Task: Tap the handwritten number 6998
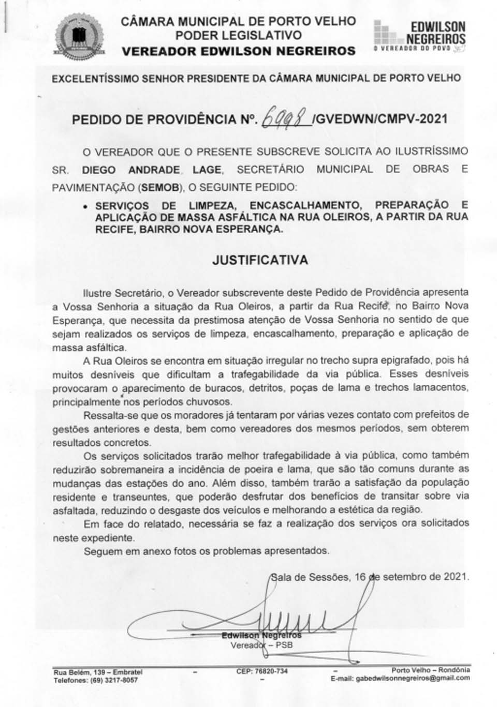[286, 119]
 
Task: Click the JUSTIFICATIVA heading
[259, 260]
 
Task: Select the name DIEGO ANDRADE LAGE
[152, 170]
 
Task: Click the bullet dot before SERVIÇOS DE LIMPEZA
[85, 206]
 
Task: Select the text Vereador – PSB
[261, 645]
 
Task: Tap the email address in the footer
[400, 678]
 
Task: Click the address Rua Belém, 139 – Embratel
[98, 672]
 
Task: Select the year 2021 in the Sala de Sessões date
[455, 577]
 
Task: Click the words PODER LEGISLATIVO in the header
[238, 36]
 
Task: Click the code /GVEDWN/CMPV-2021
[379, 119]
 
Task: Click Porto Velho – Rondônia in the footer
[431, 670]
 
